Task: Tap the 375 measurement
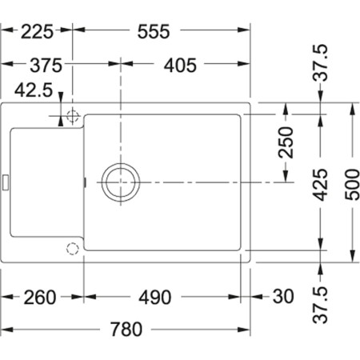(x=36, y=66)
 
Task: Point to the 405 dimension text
(x=180, y=66)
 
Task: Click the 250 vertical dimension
(x=287, y=143)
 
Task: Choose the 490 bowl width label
(x=154, y=298)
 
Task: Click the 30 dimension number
(x=282, y=298)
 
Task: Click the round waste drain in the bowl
(x=120, y=182)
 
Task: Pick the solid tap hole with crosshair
(x=72, y=116)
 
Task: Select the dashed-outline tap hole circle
(x=72, y=247)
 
